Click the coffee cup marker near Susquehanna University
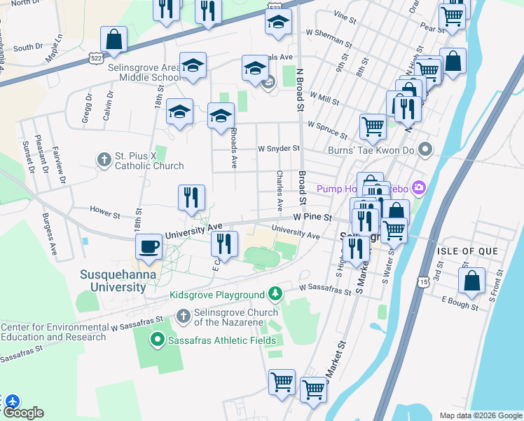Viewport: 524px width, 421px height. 149,247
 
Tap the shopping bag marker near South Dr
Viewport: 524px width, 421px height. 114,39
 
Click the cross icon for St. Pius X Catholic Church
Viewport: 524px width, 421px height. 104,159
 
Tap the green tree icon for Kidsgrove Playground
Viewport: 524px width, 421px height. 277,293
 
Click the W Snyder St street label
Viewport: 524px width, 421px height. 279,149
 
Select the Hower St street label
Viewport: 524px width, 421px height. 105,209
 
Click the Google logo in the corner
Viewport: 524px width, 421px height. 23,413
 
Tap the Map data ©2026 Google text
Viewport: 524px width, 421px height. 480,415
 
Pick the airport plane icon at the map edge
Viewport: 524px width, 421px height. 12,402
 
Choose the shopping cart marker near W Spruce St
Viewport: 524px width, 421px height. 373,127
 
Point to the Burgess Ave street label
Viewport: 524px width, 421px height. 52,226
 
